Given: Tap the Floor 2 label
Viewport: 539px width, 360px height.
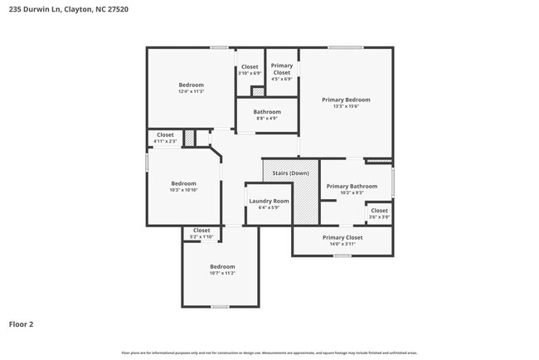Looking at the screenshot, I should (x=21, y=324).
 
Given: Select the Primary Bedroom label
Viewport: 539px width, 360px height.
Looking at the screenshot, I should (x=346, y=100).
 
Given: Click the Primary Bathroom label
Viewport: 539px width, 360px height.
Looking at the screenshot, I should (x=352, y=187).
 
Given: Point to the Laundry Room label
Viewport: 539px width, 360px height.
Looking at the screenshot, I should (x=269, y=201).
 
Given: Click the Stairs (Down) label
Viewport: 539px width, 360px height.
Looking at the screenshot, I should (x=290, y=173).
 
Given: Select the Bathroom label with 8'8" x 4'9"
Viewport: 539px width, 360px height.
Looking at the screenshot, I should (x=267, y=112).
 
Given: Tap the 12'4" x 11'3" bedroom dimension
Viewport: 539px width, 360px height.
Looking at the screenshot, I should (x=191, y=92).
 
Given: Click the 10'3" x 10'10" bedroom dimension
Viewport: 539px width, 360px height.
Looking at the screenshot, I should (x=183, y=190).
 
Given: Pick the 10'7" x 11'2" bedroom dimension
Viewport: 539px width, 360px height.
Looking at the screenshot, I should (x=222, y=273).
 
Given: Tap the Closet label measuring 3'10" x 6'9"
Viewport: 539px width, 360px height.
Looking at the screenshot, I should (x=250, y=66).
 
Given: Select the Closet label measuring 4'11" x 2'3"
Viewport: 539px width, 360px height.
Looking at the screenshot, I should (x=165, y=134).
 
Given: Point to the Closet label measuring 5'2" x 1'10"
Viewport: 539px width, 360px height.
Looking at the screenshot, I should (x=202, y=231).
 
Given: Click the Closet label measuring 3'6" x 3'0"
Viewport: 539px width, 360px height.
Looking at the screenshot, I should (x=379, y=211).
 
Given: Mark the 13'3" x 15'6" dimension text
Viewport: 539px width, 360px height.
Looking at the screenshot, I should (x=346, y=106).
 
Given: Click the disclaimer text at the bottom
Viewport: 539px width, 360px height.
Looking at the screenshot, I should (x=269, y=353).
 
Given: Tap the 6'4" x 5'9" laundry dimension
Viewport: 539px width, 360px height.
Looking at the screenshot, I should (x=269, y=207).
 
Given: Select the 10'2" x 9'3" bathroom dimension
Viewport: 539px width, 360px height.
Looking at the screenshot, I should (x=352, y=193).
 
